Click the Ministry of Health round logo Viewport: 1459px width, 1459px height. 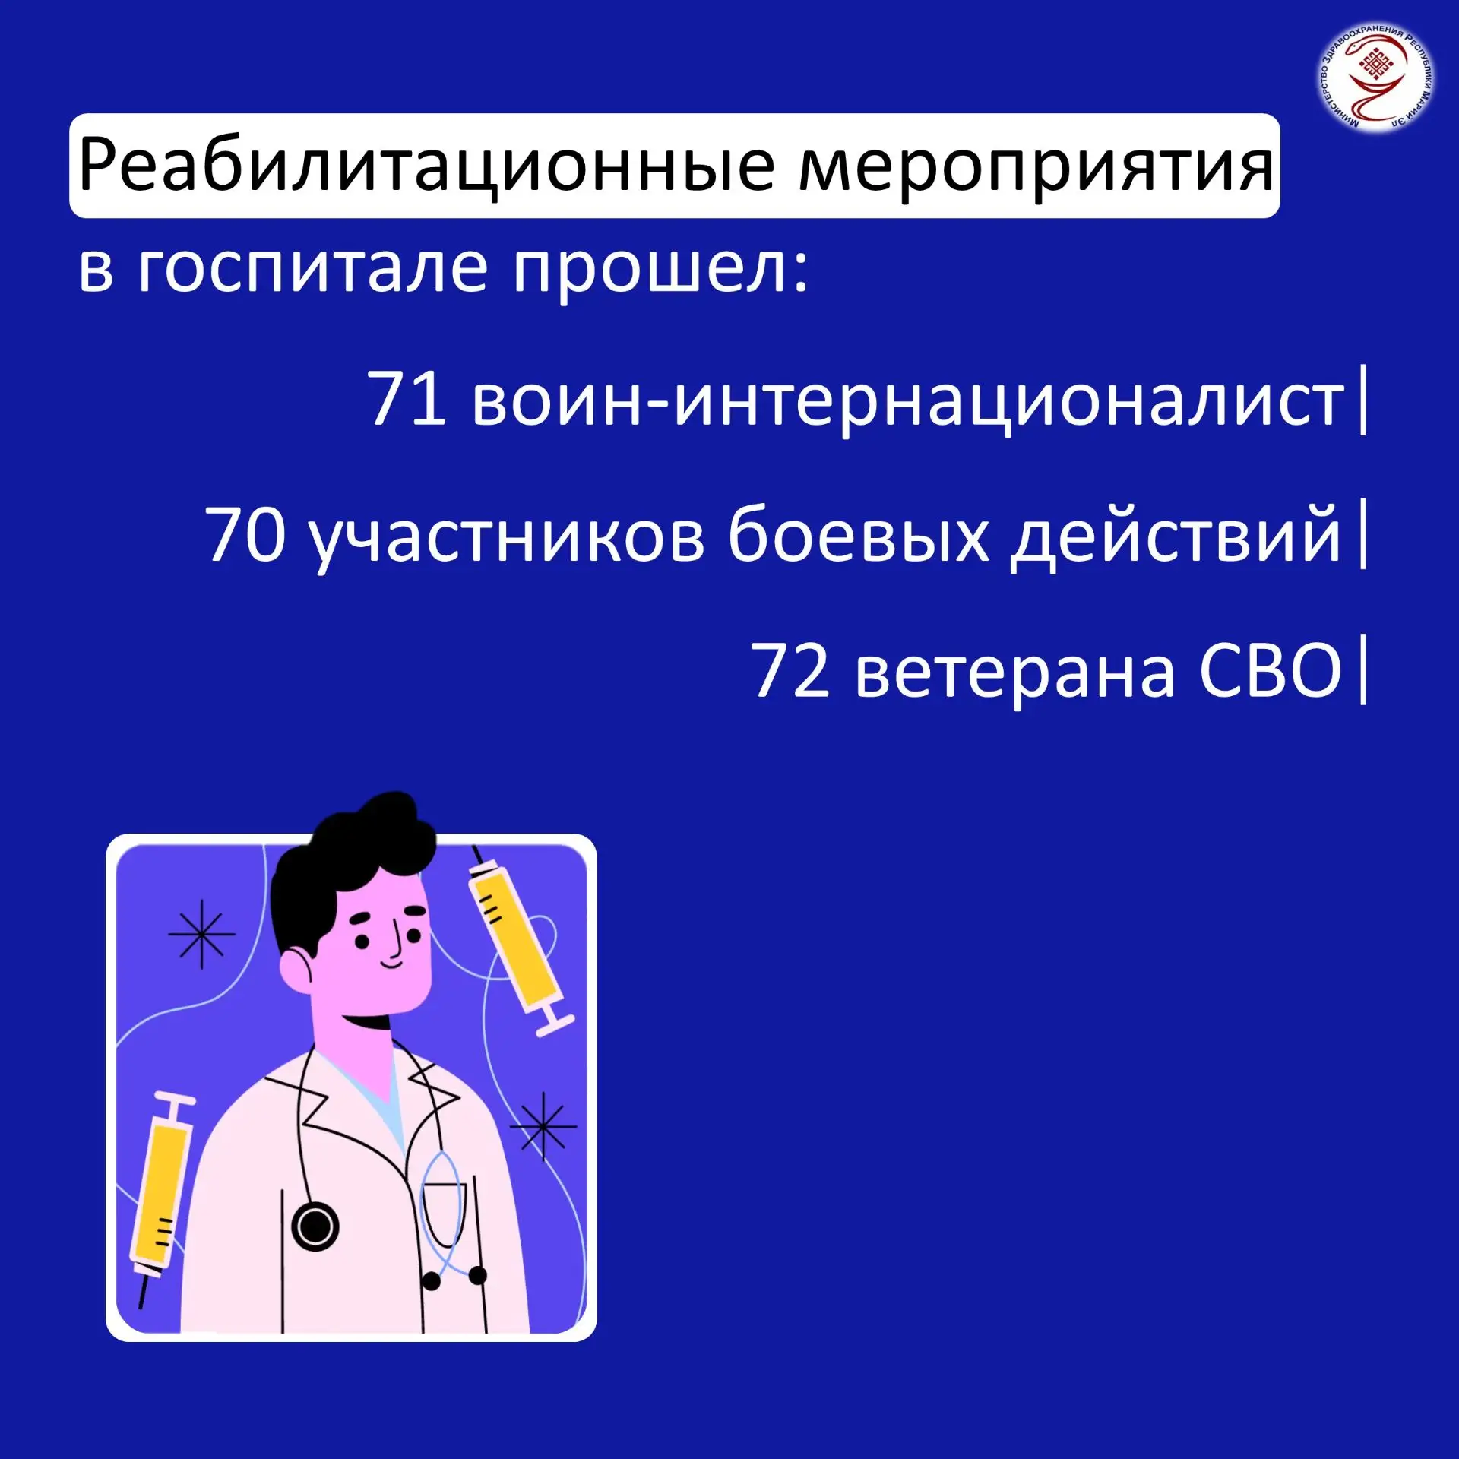click(1376, 77)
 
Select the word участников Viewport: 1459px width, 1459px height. click(508, 539)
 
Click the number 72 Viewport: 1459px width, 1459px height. click(790, 669)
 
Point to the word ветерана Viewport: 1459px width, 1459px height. click(1015, 673)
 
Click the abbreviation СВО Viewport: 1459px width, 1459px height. click(1271, 669)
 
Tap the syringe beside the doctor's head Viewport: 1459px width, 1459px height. click(517, 942)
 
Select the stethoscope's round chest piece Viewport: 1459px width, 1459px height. click(315, 1226)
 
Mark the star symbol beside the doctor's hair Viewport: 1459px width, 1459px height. click(201, 934)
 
